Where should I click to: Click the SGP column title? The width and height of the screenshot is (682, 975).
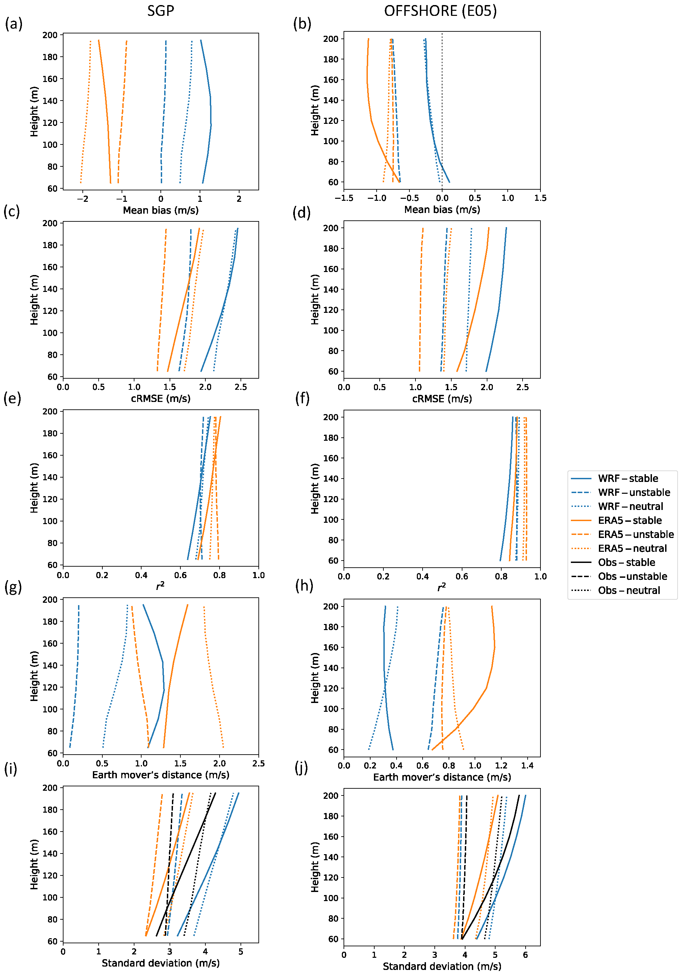[x=161, y=10]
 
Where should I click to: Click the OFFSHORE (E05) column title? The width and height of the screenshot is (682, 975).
[x=440, y=10]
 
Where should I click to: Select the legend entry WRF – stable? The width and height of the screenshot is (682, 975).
[x=628, y=479]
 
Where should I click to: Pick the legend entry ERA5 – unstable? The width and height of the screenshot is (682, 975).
[x=636, y=534]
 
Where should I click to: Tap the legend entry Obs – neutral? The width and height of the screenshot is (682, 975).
[x=629, y=590]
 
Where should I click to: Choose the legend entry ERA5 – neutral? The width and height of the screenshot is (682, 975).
[x=632, y=548]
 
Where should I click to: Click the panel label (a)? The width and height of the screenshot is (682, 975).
[x=14, y=24]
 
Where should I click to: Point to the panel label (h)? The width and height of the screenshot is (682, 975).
[x=304, y=586]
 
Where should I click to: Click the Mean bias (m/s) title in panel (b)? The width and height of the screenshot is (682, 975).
[x=442, y=209]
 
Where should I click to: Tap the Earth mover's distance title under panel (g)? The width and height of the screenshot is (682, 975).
[x=161, y=775]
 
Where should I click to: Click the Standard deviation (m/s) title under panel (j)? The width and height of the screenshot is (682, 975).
[x=442, y=967]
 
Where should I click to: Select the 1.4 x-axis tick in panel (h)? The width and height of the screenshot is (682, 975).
[x=527, y=766]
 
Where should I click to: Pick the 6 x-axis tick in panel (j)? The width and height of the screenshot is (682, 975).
[x=525, y=955]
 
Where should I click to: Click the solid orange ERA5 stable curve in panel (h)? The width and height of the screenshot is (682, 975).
[x=486, y=688]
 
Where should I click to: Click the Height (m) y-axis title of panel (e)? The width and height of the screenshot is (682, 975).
[x=34, y=488]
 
